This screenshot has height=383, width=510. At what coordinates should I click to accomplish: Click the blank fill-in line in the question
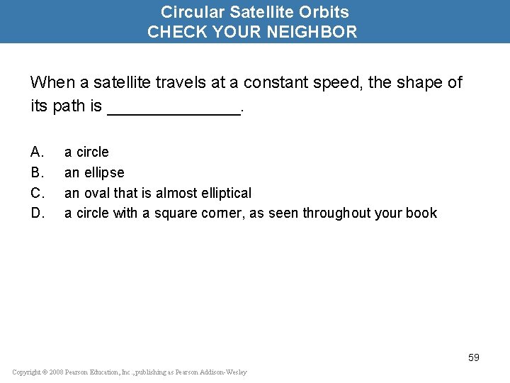click(174, 108)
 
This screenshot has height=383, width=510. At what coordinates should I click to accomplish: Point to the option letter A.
click(38, 152)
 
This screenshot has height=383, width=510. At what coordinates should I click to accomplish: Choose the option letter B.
click(38, 172)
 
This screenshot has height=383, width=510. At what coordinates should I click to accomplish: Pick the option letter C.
click(38, 193)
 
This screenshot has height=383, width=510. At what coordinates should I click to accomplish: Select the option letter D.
click(38, 213)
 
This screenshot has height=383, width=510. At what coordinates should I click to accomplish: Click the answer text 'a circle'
click(86, 152)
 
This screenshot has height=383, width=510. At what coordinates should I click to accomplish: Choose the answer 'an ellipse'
click(94, 172)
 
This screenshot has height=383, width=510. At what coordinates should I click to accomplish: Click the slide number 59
click(474, 357)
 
